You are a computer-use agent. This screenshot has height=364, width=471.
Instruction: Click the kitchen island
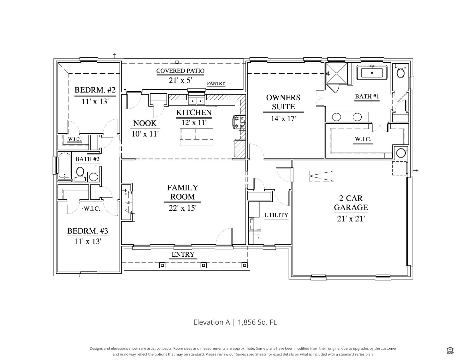pos(196,137)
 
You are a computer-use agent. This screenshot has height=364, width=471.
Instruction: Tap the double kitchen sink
pos(196,101)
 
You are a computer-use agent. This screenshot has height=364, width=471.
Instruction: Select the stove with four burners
pos(239,122)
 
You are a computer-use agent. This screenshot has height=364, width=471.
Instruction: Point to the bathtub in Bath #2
pos(65,165)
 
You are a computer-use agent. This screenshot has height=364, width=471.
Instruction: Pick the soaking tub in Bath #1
pos(372,73)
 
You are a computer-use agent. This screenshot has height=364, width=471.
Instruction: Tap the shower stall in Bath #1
pos(337,73)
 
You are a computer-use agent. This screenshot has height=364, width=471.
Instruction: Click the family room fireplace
pos(128,202)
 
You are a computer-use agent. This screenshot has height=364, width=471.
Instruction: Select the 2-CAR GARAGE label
pos(351,203)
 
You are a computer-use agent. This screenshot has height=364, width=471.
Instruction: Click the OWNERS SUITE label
pos(283,102)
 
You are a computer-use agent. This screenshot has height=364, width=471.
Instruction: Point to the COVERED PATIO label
pos(180,71)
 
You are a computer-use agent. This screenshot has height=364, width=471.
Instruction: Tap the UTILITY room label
pos(276,215)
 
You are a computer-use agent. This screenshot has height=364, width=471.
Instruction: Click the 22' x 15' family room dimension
pos(182,208)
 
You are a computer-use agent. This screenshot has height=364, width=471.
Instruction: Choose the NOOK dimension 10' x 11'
pos(145,134)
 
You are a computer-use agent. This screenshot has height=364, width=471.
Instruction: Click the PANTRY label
pos(216,83)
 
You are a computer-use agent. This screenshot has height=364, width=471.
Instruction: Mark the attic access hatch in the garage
pos(321,176)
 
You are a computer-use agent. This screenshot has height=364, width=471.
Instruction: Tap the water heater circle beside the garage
pos(401,153)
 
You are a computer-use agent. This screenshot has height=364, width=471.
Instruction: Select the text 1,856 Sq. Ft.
pos(258,322)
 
